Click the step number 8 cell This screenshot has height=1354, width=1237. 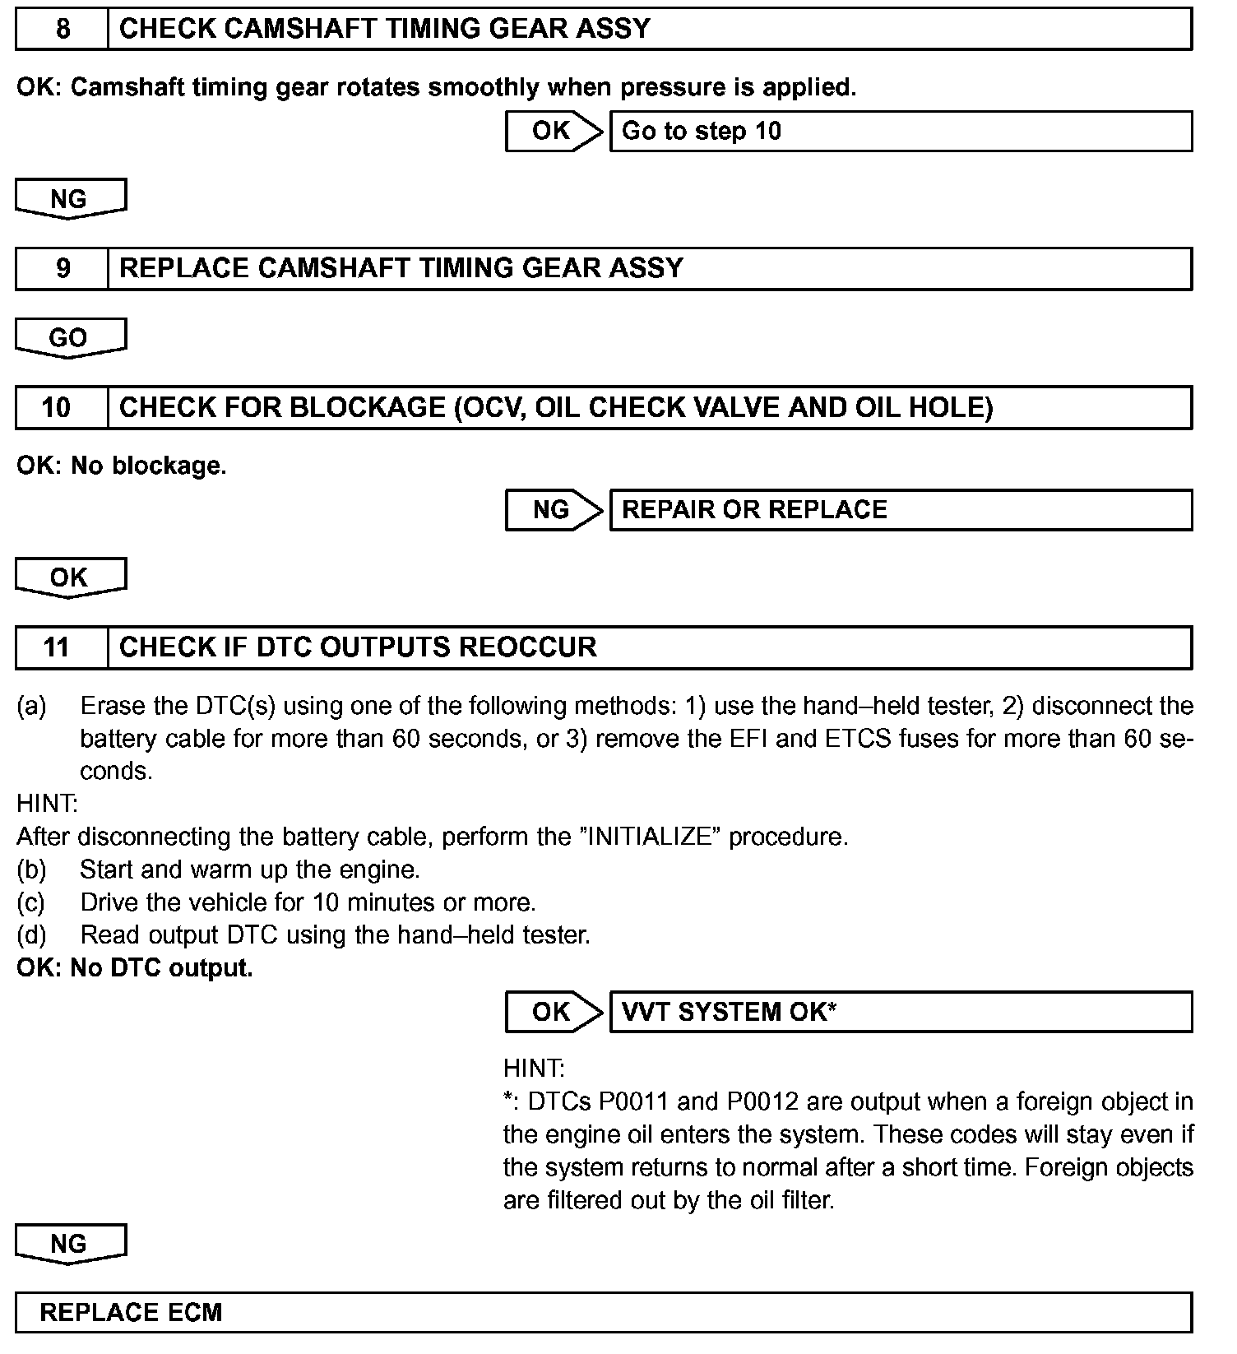point(63,30)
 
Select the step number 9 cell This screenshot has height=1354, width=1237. point(63,269)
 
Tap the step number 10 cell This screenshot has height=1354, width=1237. point(58,408)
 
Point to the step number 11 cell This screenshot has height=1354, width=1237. point(58,647)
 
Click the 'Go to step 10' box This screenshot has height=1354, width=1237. point(900,132)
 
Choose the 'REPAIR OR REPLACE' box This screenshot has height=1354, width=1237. point(900,510)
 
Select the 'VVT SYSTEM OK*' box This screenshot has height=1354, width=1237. point(900,1012)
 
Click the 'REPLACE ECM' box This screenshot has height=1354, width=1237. point(603,1312)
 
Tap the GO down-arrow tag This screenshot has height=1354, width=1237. point(70,338)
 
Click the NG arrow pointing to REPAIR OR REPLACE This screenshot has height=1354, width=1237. point(554,510)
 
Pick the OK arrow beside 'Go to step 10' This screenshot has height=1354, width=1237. point(554,132)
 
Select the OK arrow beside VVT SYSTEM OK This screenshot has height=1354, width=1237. point(554,1012)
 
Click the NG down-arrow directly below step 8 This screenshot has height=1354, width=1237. point(70,200)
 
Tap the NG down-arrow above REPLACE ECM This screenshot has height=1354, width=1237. point(70,1244)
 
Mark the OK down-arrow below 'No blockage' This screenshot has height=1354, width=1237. point(70,577)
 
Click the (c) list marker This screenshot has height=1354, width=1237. point(31,903)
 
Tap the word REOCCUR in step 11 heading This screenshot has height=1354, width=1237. point(527,647)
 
